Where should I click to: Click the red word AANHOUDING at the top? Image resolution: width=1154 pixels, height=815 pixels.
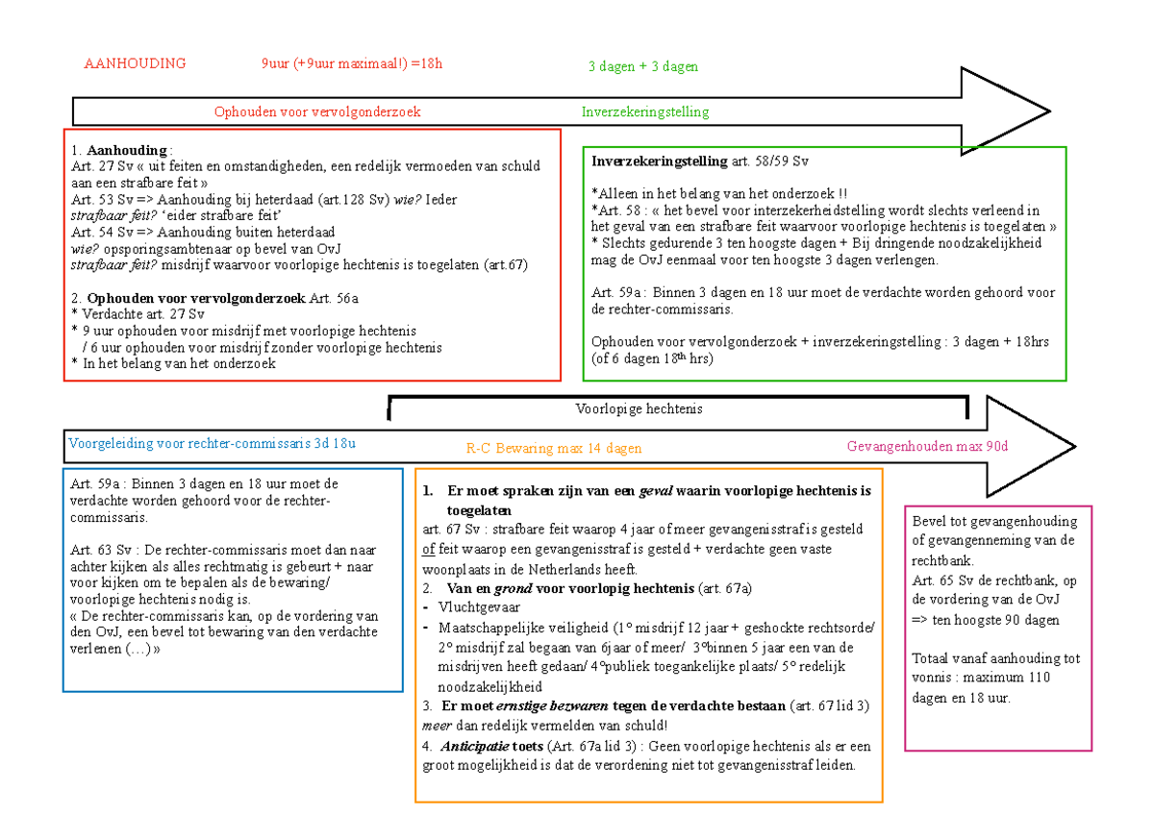tap(135, 64)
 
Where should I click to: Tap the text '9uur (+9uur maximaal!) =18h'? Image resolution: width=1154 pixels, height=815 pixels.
tap(352, 64)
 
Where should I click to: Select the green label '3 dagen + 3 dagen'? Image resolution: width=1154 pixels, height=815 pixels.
tap(643, 66)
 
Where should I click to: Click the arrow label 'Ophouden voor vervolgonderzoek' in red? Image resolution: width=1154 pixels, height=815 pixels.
tap(317, 111)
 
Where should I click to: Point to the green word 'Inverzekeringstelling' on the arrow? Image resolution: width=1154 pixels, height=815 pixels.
tap(645, 111)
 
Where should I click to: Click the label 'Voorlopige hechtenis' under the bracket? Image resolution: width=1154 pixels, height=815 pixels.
tap(640, 408)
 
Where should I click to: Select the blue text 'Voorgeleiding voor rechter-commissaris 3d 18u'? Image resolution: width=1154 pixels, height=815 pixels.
tap(212, 443)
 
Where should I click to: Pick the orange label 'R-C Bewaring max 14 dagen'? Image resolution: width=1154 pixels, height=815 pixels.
tap(554, 448)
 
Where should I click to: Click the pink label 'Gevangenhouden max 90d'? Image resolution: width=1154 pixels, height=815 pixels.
tap(927, 446)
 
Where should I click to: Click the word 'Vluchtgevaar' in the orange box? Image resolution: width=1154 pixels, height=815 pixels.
tap(480, 607)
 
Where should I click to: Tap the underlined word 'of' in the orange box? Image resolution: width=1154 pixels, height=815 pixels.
tap(429, 549)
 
